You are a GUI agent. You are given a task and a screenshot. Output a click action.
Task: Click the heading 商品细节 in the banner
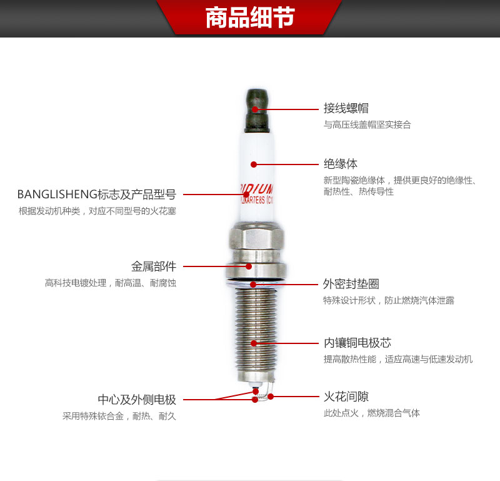250,18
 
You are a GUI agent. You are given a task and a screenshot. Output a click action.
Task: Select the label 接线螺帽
346,108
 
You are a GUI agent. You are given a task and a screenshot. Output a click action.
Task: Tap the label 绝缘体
341,164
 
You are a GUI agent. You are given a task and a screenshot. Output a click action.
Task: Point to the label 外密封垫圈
351,284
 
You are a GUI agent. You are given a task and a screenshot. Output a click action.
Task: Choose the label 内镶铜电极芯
357,343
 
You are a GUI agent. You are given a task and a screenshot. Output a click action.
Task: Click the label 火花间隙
346,396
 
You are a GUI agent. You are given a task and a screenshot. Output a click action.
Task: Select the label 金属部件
153,266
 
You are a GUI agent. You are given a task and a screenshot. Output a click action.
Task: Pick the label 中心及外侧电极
137,399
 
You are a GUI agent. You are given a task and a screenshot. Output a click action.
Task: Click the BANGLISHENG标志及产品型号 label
96,195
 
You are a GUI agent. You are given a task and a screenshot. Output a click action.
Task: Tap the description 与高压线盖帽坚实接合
367,124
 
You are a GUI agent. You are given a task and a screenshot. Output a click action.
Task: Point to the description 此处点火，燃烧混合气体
371,413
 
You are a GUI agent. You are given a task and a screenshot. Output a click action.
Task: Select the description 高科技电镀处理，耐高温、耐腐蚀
110,283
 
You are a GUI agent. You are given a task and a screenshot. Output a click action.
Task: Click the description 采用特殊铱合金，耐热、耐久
119,416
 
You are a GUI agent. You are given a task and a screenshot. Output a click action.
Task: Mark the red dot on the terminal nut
255,108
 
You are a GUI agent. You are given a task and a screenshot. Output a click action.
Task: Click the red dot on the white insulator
254,165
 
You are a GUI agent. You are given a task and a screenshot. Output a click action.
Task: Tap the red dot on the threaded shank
254,343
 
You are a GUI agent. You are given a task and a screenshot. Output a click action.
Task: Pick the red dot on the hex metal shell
248,266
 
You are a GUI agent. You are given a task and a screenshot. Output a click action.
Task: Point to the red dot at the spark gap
271,396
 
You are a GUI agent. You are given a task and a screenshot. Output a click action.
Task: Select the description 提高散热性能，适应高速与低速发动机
397,359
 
